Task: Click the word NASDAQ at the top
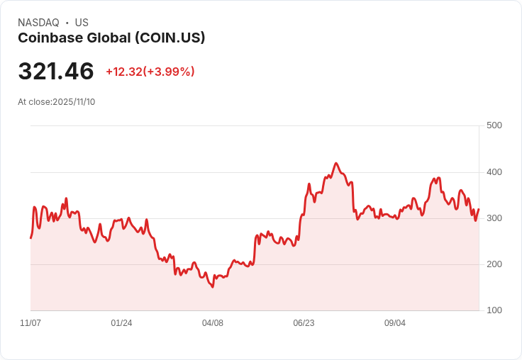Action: [x=38, y=23]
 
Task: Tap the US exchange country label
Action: [x=82, y=23]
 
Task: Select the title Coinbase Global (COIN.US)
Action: [x=111, y=38]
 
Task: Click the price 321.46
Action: [x=56, y=72]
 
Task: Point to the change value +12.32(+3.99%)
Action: [x=150, y=72]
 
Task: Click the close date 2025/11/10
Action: [x=74, y=102]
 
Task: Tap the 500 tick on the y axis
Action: [x=494, y=125]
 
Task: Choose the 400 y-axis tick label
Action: [x=494, y=172]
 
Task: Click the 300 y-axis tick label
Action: [x=494, y=218]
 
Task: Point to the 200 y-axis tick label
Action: [x=494, y=264]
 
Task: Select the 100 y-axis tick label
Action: [x=494, y=310]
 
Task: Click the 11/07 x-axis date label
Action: [x=30, y=323]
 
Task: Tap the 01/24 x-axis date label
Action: [x=121, y=323]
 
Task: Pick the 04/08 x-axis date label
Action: [x=213, y=323]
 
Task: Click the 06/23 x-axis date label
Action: [x=304, y=323]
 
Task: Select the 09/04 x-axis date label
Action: [x=395, y=323]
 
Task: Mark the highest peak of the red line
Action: [x=336, y=163]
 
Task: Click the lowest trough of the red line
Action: [x=213, y=287]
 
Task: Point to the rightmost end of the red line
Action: [x=479, y=209]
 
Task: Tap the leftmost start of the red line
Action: [x=30, y=237]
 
